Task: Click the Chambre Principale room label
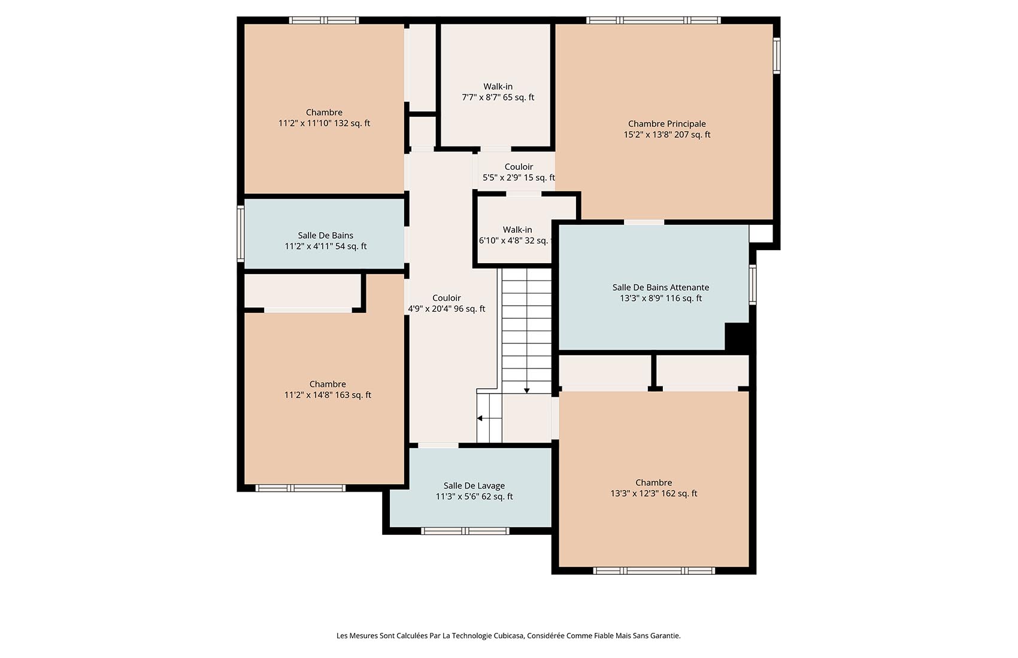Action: pyautogui.click(x=666, y=124)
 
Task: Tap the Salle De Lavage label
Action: pyautogui.click(x=474, y=486)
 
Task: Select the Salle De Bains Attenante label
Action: pyautogui.click(x=661, y=288)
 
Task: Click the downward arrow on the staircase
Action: pyautogui.click(x=527, y=390)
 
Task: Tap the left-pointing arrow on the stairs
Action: pyautogui.click(x=480, y=418)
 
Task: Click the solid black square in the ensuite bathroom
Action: pyautogui.click(x=737, y=336)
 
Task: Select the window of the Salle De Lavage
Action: pyautogui.click(x=465, y=531)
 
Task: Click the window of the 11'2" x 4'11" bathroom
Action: pyautogui.click(x=241, y=234)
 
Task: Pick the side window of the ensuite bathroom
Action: pyautogui.click(x=753, y=285)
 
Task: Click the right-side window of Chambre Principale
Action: pyautogui.click(x=776, y=56)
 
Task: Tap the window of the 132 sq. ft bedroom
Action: pyautogui.click(x=324, y=20)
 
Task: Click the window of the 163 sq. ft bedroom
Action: pyautogui.click(x=301, y=488)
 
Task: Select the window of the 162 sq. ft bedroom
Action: pyautogui.click(x=654, y=571)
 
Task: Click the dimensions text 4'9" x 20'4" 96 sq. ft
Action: pyautogui.click(x=447, y=309)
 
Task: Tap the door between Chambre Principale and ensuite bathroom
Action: pyautogui.click(x=644, y=222)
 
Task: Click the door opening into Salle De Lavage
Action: pyautogui.click(x=438, y=445)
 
